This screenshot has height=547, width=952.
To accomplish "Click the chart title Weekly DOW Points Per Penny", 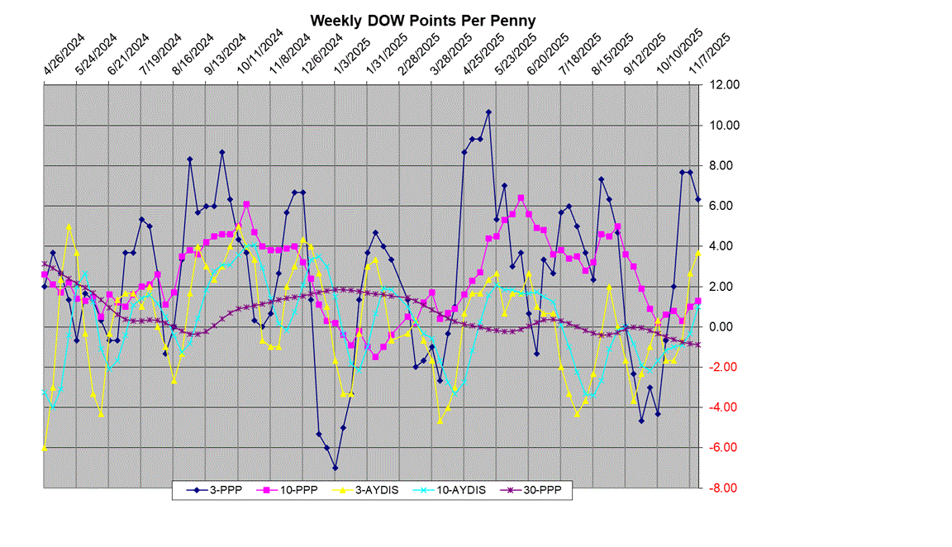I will tap(423, 20).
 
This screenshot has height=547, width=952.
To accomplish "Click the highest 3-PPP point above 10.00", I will tap(488, 112).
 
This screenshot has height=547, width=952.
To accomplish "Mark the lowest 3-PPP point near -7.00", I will tap(336, 468).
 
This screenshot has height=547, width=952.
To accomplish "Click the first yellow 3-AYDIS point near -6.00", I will tap(44, 447).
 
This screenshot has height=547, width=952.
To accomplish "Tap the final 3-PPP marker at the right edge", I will tap(698, 199).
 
